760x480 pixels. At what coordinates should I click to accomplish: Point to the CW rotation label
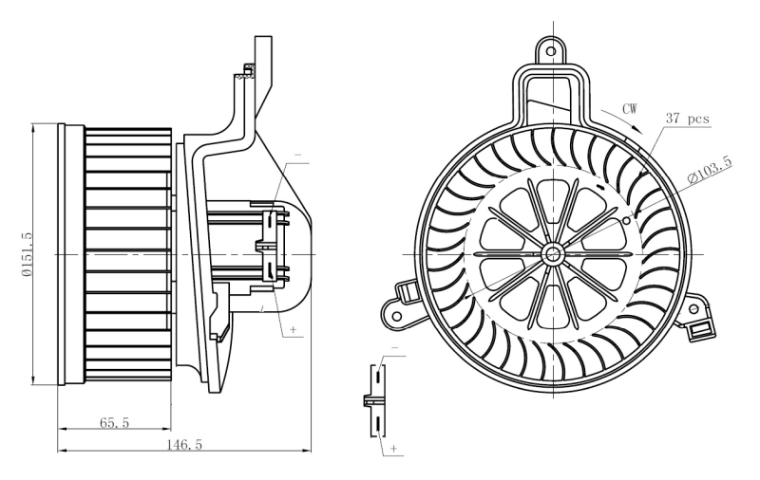(x=629, y=109)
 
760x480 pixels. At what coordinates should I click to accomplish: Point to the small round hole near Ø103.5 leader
(x=626, y=220)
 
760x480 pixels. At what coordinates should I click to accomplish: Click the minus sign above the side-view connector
(x=297, y=154)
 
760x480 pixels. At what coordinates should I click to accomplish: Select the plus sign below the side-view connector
(x=293, y=330)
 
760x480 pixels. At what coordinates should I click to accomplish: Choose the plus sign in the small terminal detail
(x=392, y=445)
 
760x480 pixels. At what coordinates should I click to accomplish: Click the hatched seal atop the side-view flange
(x=249, y=68)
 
